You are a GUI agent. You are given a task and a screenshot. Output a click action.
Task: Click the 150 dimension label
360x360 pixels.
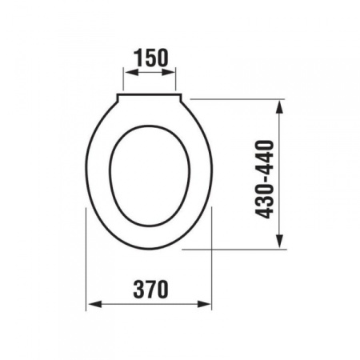(151, 58)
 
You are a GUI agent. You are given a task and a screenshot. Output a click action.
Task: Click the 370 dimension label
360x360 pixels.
(151, 290)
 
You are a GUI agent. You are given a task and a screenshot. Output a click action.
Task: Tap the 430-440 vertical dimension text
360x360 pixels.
(265, 179)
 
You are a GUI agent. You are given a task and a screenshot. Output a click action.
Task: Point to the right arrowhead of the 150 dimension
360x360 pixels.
(168, 72)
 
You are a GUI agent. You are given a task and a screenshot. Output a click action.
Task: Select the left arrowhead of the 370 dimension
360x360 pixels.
(95, 304)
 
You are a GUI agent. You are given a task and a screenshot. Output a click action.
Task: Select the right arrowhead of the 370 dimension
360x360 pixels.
(204, 304)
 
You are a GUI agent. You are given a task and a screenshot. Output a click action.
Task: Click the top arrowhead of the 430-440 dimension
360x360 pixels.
(279, 107)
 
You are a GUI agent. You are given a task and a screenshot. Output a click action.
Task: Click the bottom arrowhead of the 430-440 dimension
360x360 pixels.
(279, 241)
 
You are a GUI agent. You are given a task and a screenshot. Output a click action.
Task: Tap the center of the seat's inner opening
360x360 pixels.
(150, 176)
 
